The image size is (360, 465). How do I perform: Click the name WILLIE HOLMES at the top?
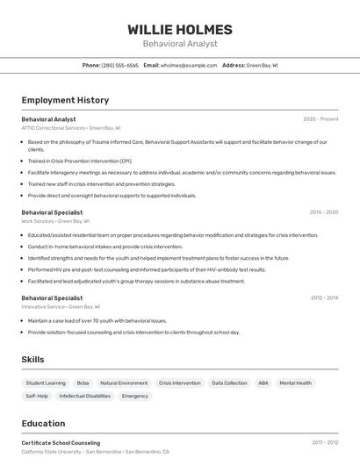click(180, 30)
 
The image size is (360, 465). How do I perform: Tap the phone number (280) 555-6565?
click(119, 65)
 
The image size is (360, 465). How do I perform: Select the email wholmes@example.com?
click(189, 65)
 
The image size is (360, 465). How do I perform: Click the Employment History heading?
click(65, 100)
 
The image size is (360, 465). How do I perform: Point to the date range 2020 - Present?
click(320, 119)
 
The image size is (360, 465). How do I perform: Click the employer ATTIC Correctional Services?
click(54, 128)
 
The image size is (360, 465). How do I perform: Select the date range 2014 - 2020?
click(323, 212)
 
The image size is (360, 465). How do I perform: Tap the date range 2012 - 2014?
click(323, 298)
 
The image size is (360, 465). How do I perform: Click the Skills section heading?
click(32, 360)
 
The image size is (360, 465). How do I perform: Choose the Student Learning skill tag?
click(46, 383)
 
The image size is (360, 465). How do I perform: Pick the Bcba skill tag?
click(83, 383)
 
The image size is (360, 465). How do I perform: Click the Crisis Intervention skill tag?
click(179, 383)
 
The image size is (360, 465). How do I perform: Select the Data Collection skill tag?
click(229, 383)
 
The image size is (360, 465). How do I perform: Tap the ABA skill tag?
click(263, 383)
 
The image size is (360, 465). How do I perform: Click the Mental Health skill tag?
click(295, 383)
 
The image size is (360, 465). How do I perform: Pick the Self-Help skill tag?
click(37, 397)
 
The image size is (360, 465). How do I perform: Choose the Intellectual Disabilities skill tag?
click(85, 397)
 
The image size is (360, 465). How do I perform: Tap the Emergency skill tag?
click(135, 397)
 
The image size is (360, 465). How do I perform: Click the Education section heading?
click(44, 424)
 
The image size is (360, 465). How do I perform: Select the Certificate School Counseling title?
click(61, 443)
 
